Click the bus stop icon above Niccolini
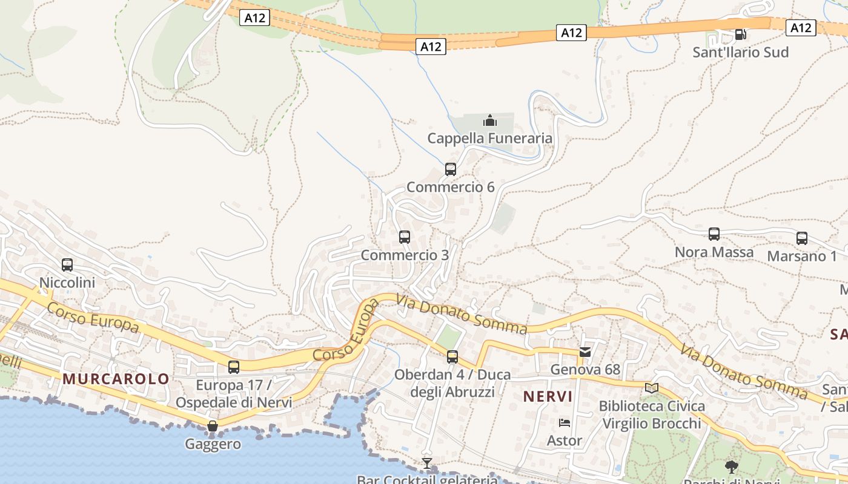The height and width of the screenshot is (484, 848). point(67,264)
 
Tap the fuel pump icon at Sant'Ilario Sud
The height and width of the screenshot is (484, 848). point(740,34)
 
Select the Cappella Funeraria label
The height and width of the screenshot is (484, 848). point(489,139)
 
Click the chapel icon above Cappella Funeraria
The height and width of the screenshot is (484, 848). point(489,120)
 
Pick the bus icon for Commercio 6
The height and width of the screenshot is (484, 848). point(450,169)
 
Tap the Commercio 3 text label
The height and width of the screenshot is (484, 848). point(405,255)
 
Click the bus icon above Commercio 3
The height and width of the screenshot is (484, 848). point(405,237)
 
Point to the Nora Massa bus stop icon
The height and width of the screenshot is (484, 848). point(714,234)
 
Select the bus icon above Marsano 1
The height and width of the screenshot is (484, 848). point(802,238)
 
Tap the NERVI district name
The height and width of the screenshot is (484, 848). point(548,397)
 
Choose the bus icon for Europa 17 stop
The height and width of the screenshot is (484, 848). point(234,367)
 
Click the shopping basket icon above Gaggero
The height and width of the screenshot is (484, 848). point(213,426)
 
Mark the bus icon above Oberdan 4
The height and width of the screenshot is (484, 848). point(452,357)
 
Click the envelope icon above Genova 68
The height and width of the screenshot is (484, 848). point(585,352)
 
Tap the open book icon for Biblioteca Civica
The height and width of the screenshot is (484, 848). point(652,388)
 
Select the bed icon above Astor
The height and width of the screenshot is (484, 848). point(565,422)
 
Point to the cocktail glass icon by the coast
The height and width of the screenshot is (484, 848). point(427,463)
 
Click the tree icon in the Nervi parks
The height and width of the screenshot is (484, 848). point(732,466)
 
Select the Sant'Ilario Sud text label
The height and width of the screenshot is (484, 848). point(740,53)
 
